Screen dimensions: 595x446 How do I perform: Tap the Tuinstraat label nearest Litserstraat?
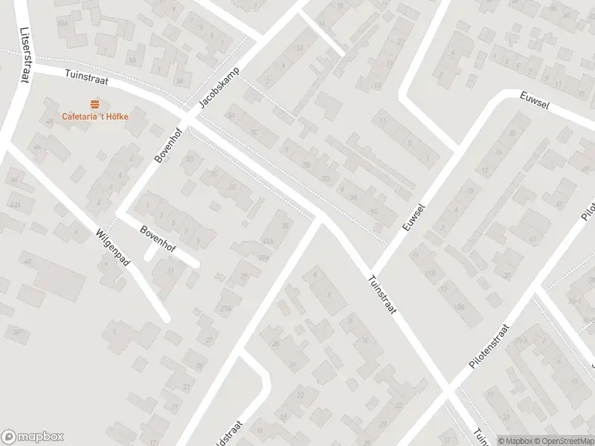click(87, 75)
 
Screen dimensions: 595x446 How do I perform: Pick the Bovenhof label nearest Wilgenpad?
click(157, 239)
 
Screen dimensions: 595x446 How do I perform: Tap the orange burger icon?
click(94, 103)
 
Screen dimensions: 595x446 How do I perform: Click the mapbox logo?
click(33, 437)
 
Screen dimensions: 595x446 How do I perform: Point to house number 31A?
click(266, 240)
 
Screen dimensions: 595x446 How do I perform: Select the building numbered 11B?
click(430, 274)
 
